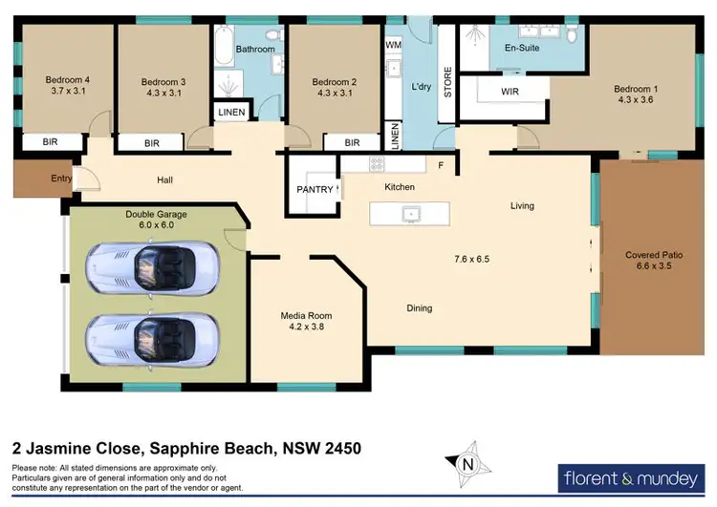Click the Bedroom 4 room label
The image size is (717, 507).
66,79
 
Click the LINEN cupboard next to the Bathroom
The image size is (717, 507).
231,113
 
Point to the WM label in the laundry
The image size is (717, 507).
393,45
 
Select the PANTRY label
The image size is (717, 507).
315,189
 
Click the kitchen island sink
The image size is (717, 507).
412,213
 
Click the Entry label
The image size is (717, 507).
34,179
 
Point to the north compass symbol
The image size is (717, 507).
467,465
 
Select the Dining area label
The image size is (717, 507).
419,307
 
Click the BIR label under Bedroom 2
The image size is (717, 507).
351,142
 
